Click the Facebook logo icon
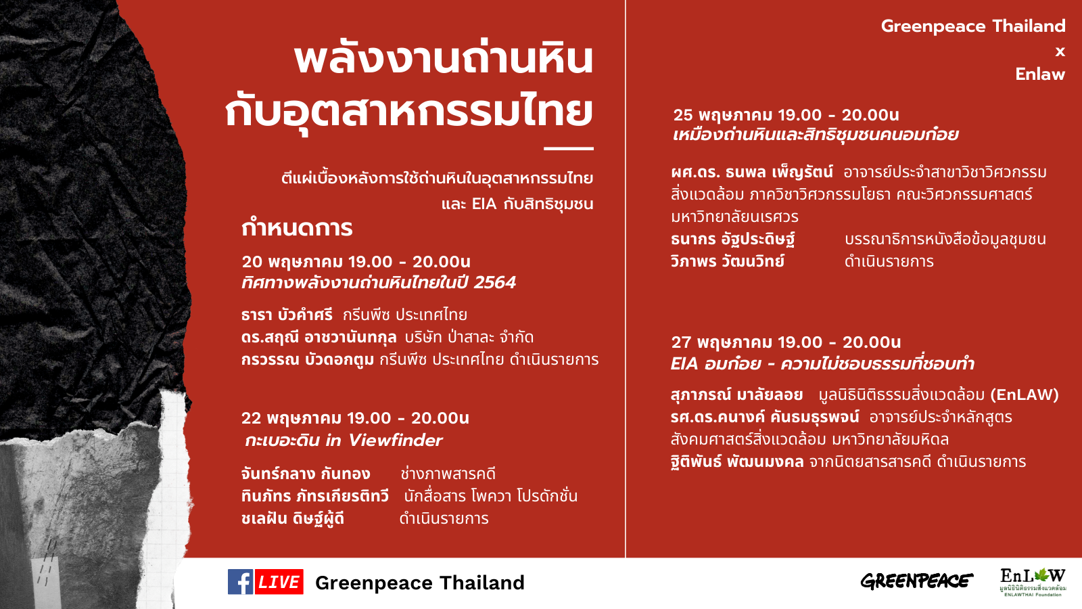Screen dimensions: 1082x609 (241, 581)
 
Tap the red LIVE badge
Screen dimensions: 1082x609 (279, 581)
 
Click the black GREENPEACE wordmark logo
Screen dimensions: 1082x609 (917, 581)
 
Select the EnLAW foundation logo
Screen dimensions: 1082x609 (1033, 582)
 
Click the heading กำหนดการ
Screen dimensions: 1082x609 (297, 228)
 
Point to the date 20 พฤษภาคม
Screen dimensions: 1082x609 (291, 262)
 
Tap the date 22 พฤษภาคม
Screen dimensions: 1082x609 (291, 418)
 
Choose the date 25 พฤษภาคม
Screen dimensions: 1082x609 (723, 115)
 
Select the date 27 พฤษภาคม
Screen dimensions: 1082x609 (722, 342)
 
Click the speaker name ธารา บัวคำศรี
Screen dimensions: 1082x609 (287, 315)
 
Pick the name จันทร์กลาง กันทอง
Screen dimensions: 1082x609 (306, 474)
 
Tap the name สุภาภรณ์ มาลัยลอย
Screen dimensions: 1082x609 (737, 395)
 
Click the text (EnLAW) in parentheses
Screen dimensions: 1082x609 (1025, 395)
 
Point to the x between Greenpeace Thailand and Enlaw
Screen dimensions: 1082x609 (1060, 51)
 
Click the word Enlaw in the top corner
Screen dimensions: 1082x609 (1040, 74)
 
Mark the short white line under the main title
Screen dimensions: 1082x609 (569, 148)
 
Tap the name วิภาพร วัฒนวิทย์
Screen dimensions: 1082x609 (728, 261)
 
